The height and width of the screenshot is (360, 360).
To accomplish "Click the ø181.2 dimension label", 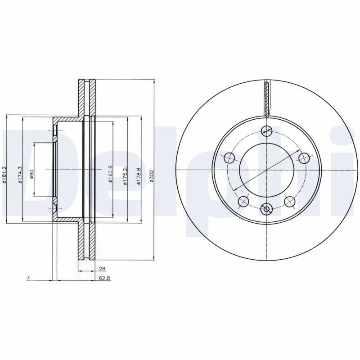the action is (x=4, y=175).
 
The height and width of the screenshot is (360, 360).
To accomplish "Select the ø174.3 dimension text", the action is (x=20, y=175).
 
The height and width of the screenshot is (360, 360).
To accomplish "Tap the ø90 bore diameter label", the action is (x=31, y=174).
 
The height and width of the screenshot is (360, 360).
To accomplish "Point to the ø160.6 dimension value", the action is (x=110, y=174).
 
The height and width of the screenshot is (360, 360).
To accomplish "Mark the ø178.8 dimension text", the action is (x=139, y=176).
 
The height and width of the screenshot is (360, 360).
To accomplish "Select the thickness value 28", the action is (x=102, y=268).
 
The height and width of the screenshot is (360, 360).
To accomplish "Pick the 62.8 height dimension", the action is (x=104, y=278).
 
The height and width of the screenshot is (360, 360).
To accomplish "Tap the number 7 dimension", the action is (x=28, y=278).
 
